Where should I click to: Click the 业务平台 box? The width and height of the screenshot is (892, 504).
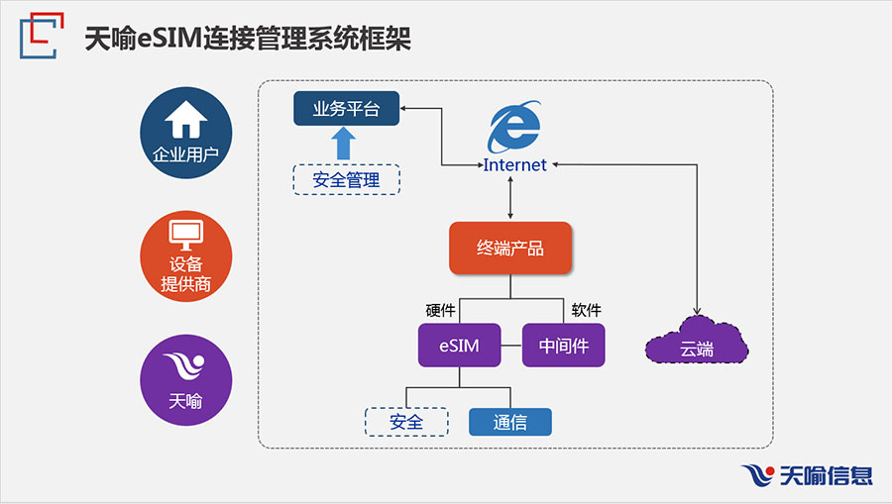346,109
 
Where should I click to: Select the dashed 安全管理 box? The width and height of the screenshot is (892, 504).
346,179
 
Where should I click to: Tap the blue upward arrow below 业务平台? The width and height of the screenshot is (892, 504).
344,144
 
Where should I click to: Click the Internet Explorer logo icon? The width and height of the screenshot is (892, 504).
514,128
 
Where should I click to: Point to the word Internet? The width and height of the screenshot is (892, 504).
514,165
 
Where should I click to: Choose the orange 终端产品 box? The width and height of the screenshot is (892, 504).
510,249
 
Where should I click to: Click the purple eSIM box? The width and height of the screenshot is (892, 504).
458,347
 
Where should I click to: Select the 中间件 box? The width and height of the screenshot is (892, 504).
563,347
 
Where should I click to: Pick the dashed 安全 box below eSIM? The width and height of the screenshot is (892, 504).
406,423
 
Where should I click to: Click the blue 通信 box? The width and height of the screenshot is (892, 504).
509,423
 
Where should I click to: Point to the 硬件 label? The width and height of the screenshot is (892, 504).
440,311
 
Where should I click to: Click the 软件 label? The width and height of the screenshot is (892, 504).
587,311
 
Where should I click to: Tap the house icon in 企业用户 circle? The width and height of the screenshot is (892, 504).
186,121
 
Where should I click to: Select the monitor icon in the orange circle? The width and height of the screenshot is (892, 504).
186,235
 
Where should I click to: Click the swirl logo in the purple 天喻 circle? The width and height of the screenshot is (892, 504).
186,369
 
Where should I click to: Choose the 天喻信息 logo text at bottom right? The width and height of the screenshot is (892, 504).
827,476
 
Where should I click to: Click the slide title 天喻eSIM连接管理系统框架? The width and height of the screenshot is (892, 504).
248,40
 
